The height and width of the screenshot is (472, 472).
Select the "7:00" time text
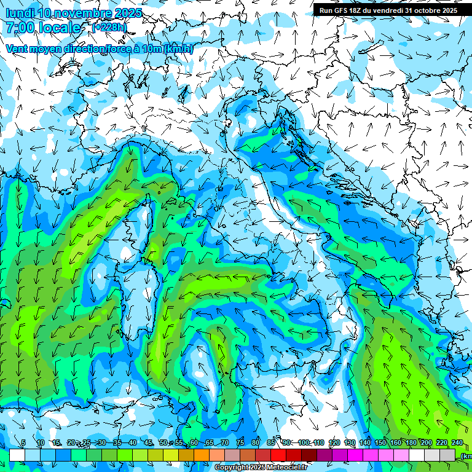tap(20, 28)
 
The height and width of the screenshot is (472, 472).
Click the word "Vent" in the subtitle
tap(17, 49)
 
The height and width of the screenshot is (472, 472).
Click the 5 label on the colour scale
tap(23, 442)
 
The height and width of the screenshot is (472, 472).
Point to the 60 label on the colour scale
tap(194, 442)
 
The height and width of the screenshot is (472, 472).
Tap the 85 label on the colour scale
tap(270, 442)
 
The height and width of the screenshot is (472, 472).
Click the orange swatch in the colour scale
tap(202, 455)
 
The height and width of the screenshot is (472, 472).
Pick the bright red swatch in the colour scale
tap(278, 455)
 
